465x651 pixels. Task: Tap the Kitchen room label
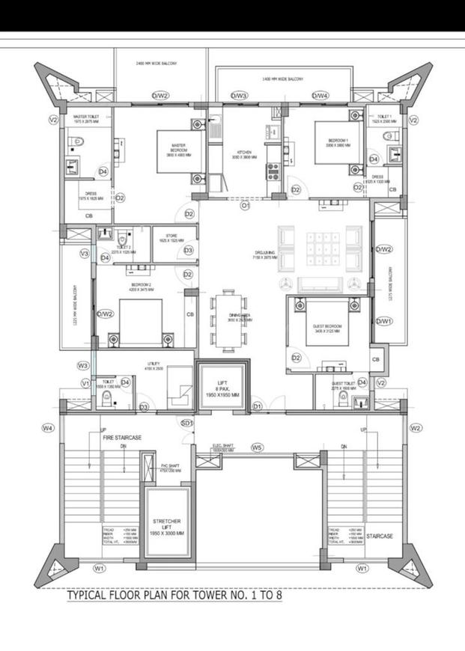click(x=244, y=155)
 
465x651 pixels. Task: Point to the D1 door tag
click(x=258, y=406)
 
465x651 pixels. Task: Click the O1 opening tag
click(x=244, y=207)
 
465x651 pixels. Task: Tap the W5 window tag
click(x=257, y=447)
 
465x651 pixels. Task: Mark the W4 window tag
click(x=48, y=428)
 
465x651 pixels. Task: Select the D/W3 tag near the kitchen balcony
click(x=239, y=96)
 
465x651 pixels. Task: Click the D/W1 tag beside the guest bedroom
click(x=384, y=321)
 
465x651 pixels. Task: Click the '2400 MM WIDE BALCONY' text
click(x=156, y=64)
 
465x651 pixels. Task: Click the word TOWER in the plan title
click(x=211, y=596)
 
